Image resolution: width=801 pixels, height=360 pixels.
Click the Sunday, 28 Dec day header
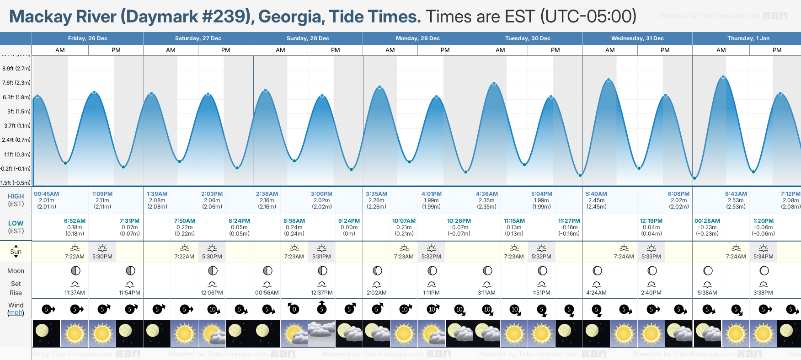coord(308,38)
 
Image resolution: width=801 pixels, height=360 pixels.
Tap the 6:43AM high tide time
coord(736,194)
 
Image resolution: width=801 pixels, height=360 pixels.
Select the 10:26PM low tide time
coord(459,221)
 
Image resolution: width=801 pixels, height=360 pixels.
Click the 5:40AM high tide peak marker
coord(609,80)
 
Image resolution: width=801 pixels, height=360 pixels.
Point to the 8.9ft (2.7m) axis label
coord(16,69)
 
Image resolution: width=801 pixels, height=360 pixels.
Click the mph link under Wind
coord(16,313)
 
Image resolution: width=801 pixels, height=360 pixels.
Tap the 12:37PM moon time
coord(321,293)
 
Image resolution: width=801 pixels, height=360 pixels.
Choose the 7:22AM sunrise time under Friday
coord(75,257)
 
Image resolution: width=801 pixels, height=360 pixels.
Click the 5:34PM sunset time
coord(763,257)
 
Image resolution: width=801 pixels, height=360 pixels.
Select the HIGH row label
coord(16,196)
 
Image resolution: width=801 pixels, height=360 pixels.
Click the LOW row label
coord(16,223)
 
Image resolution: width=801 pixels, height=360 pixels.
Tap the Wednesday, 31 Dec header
coord(637,38)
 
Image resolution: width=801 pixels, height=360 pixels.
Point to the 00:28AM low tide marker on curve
coord(694,178)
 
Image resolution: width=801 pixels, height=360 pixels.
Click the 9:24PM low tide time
coord(349,221)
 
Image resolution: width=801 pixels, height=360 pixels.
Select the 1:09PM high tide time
coord(102,194)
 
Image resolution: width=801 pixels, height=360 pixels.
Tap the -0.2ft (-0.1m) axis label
coord(16,169)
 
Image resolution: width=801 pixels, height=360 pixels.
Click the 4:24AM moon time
coord(596,293)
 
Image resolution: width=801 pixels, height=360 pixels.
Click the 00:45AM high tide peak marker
coord(37,96)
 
